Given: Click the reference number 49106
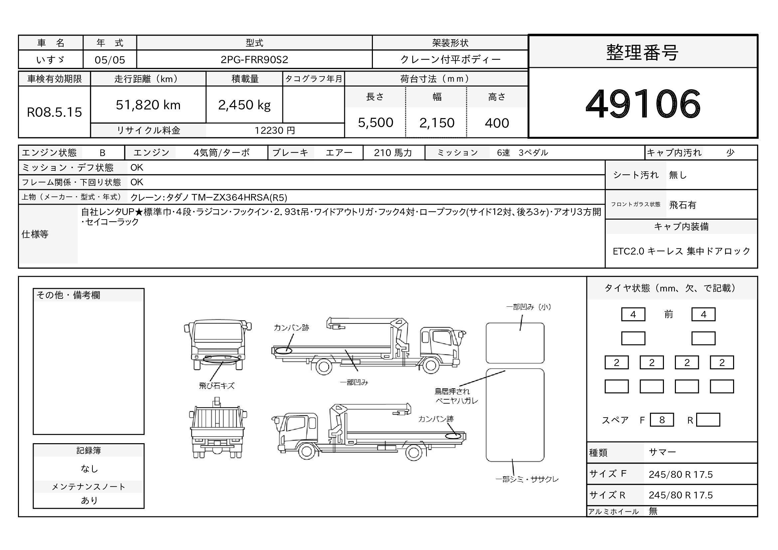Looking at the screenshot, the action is pyautogui.click(x=643, y=104).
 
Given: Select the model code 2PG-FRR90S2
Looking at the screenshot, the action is pyautogui.click(x=254, y=60).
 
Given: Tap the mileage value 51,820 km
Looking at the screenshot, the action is pyautogui.click(x=148, y=105).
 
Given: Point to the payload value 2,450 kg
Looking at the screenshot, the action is pyautogui.click(x=244, y=105).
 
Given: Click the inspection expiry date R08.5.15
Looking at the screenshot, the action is pyautogui.click(x=54, y=112).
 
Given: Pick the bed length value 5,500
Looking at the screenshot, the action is pyautogui.click(x=376, y=123).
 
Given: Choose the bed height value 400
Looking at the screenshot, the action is pyautogui.click(x=497, y=123).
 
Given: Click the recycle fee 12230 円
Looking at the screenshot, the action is pyautogui.click(x=275, y=130).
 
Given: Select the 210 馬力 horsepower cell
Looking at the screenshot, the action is pyautogui.click(x=393, y=153).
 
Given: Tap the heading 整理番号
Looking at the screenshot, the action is pyautogui.click(x=643, y=53).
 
